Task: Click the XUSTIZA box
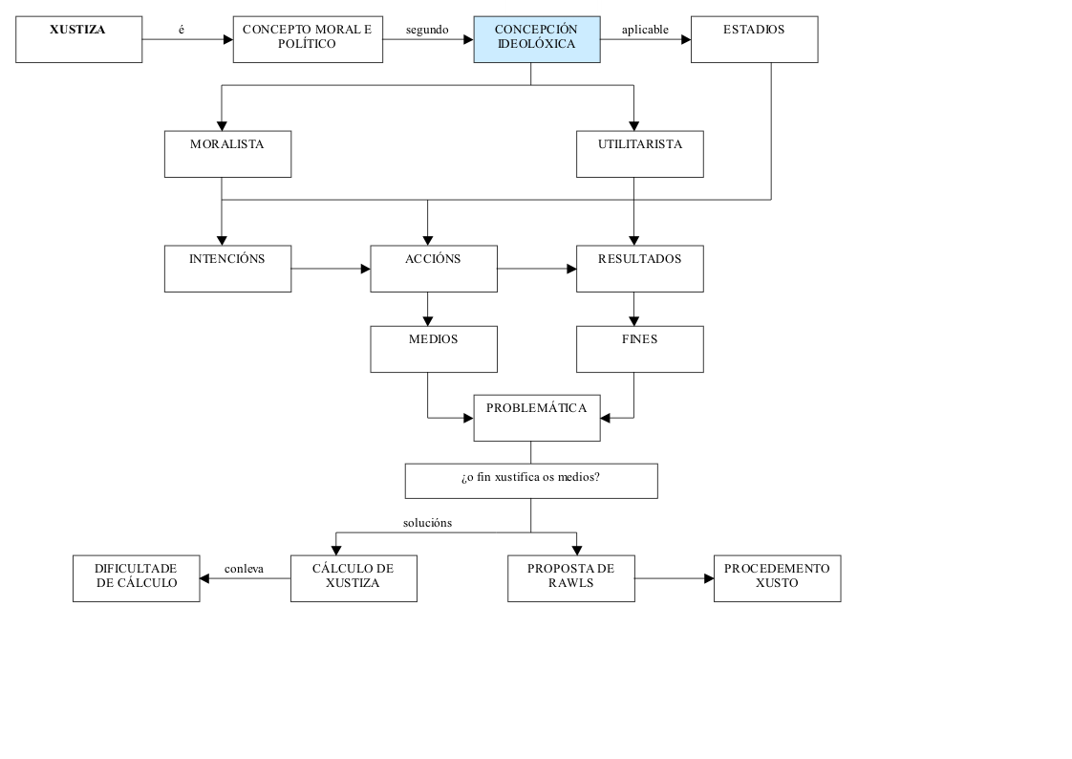(78, 39)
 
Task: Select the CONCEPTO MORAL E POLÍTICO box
(307, 39)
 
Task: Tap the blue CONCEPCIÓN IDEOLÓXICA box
(537, 39)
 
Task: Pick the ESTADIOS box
(754, 39)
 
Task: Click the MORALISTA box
(227, 154)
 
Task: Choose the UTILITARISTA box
(639, 154)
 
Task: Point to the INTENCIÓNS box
(227, 269)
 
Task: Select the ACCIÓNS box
(433, 269)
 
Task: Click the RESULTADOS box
(639, 269)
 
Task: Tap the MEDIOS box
(433, 349)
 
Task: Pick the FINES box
(639, 349)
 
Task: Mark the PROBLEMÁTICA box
(537, 418)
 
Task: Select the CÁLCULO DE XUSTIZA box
(354, 578)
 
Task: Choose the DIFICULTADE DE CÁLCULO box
(136, 578)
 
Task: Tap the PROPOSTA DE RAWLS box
(570, 578)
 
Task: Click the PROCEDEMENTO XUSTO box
(777, 578)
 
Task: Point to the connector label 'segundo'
(427, 30)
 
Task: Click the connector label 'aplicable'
(645, 30)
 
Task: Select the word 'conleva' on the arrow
(244, 570)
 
